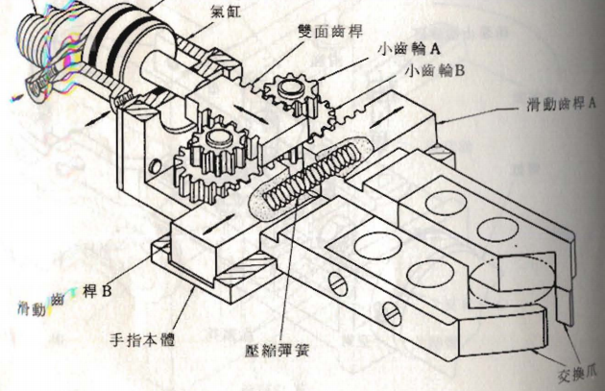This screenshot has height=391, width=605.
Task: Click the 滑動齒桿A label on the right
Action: (556, 103)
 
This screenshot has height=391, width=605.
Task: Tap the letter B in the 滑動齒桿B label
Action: (107, 288)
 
